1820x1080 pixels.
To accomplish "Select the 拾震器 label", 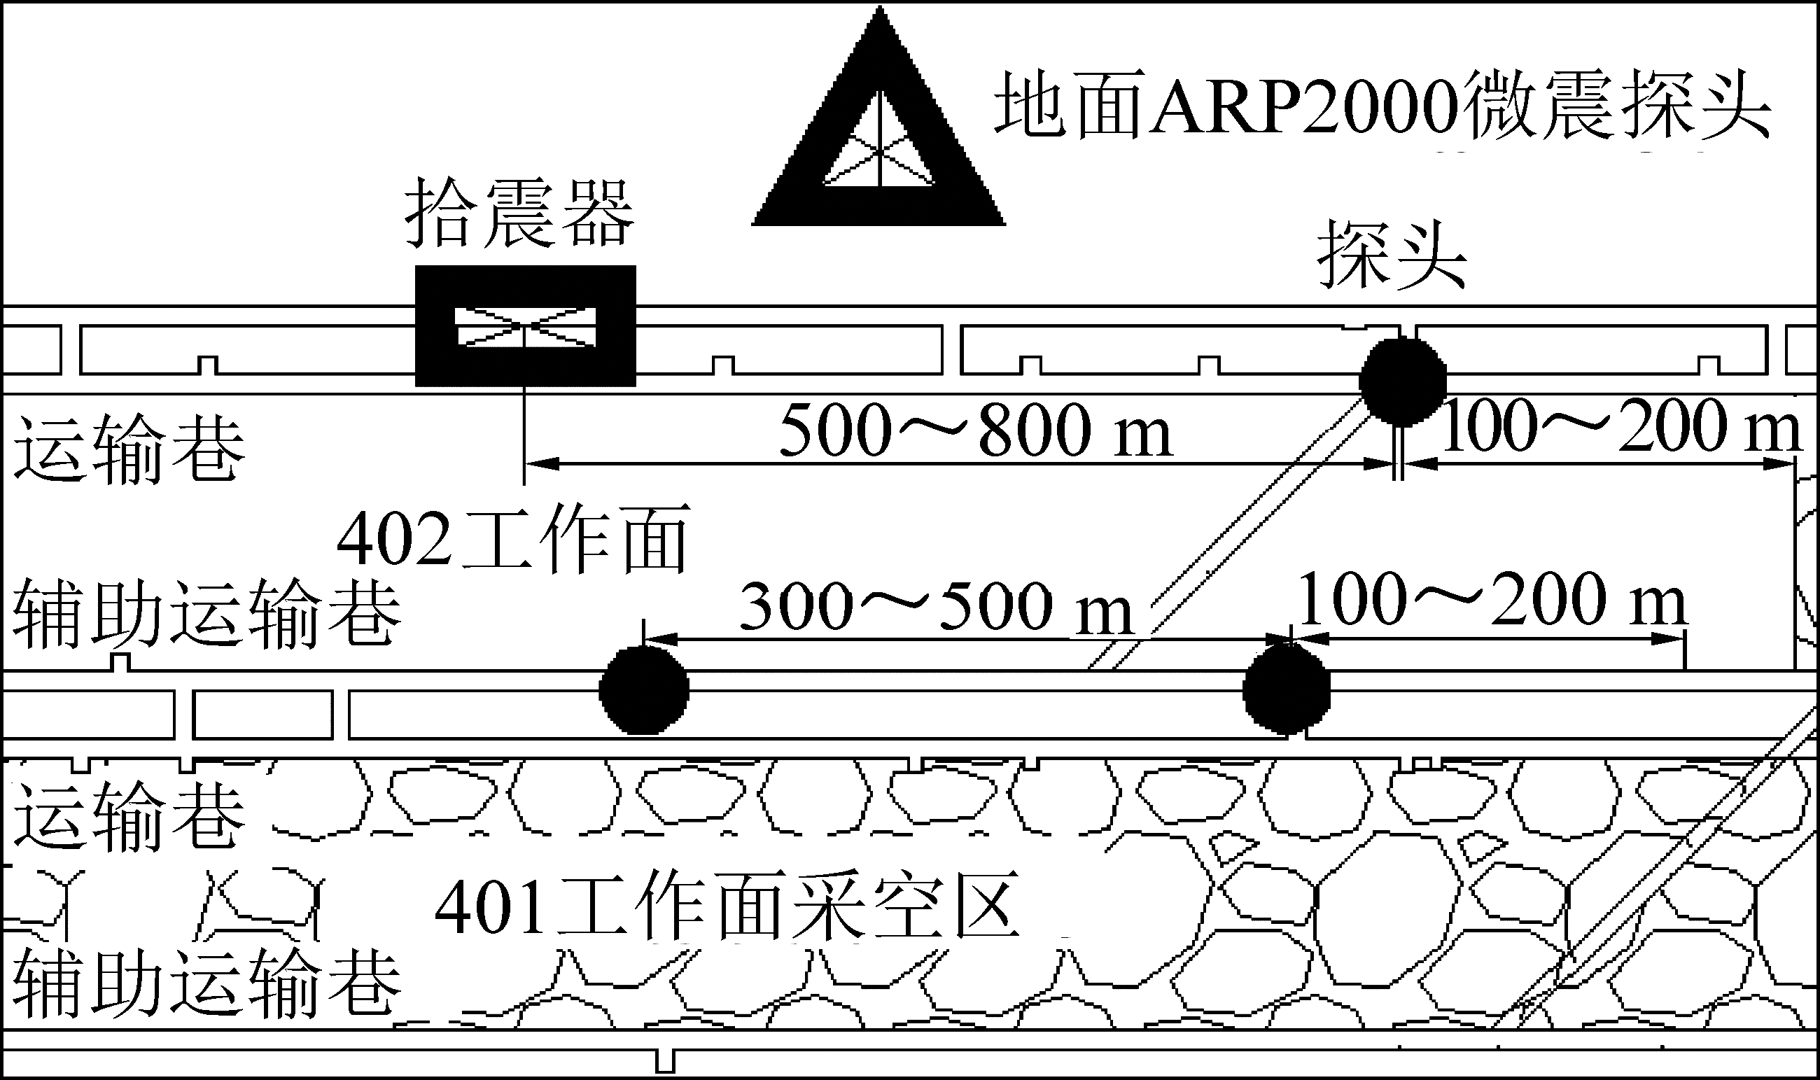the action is pos(519,213).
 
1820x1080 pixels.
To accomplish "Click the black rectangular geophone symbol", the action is pos(526,326).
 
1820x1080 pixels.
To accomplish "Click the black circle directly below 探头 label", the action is pos(1402,381).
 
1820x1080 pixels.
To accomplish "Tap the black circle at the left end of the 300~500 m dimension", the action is pos(643,690).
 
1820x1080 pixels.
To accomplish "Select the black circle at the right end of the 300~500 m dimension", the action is pos(1287,690).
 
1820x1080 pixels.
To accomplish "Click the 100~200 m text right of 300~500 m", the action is pos(1492,600).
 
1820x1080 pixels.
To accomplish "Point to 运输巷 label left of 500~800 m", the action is pos(129,449).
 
